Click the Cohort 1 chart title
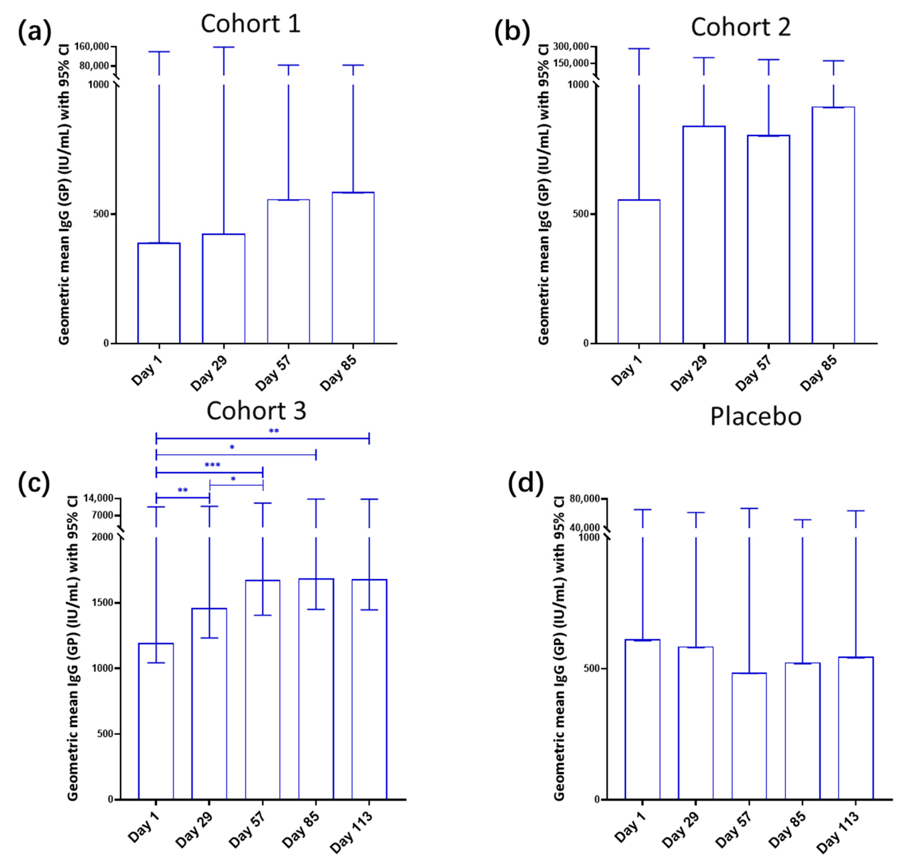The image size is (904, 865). (x=250, y=24)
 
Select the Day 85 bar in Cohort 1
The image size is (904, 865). (x=353, y=267)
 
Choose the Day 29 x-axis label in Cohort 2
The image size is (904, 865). (x=688, y=374)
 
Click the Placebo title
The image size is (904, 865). (x=755, y=416)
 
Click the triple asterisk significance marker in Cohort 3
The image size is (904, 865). (x=212, y=465)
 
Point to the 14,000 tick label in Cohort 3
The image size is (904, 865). (x=99, y=498)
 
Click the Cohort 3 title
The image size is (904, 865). (x=256, y=410)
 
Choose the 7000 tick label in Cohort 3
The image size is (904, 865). (x=103, y=515)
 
